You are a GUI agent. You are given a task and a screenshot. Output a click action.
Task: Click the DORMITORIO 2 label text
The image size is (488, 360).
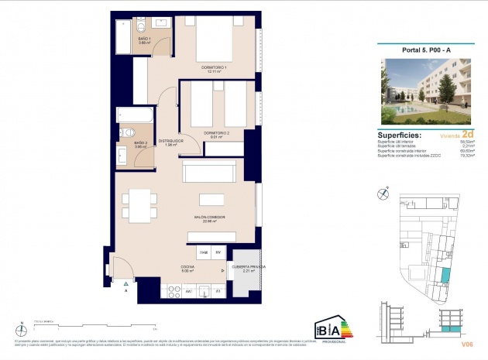click(x=216, y=132)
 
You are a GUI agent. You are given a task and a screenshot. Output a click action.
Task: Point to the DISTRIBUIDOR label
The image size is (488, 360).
click(x=170, y=141)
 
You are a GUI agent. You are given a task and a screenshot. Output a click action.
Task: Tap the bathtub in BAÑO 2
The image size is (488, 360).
click(x=136, y=115)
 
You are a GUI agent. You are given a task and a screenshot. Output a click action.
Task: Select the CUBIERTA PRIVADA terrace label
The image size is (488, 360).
click(x=249, y=266)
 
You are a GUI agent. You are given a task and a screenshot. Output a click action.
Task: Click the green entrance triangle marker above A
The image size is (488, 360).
click(x=125, y=283)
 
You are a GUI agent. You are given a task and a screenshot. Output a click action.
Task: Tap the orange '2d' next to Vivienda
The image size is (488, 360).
click(x=464, y=133)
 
